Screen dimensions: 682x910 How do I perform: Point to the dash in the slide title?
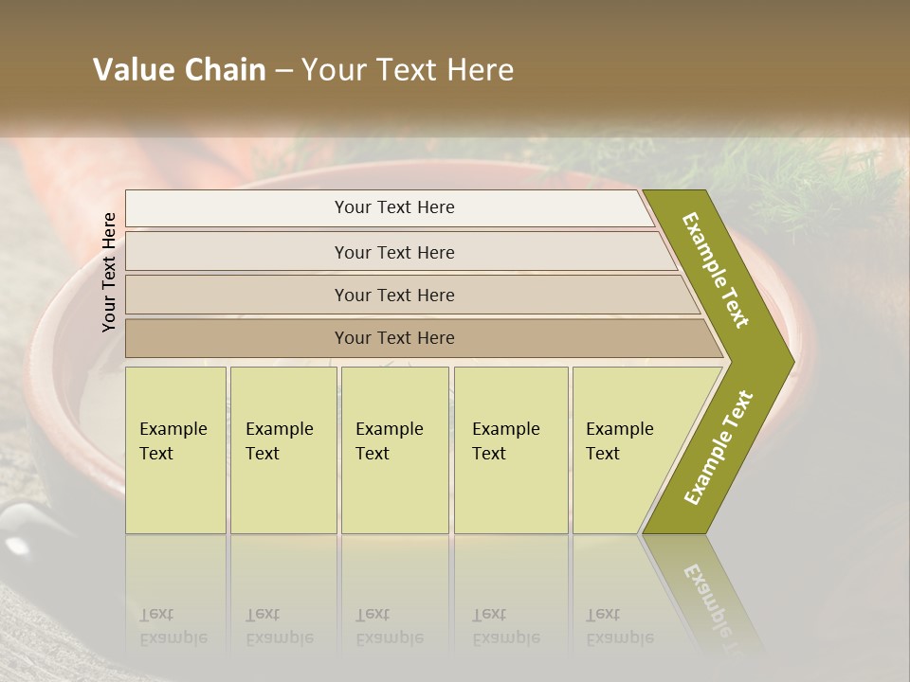[x=283, y=71]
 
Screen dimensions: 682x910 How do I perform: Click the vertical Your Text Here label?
[x=109, y=272]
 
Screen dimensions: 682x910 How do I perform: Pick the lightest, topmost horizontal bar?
[x=389, y=207]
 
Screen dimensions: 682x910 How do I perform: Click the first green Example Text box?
[x=175, y=450]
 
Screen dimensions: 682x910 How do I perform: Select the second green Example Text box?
[x=283, y=450]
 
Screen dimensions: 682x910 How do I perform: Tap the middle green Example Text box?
[x=394, y=450]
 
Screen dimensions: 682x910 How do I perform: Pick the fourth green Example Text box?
[x=511, y=450]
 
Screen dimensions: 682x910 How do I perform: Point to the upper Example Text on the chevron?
[x=716, y=270]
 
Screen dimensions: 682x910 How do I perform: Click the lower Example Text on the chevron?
[x=719, y=447]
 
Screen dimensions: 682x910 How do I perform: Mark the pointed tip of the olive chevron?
[x=792, y=361]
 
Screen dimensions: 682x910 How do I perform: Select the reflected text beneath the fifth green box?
[x=619, y=626]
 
